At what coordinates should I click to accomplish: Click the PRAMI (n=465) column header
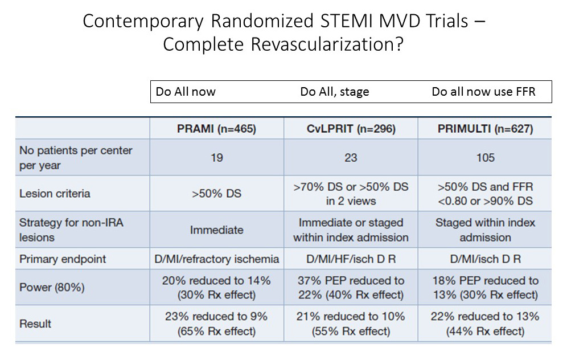[216, 129]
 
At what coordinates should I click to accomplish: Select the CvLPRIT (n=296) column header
[351, 129]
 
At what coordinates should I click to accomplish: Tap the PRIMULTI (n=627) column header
[485, 129]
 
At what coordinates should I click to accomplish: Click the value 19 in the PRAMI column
[216, 158]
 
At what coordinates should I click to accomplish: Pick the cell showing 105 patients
[485, 158]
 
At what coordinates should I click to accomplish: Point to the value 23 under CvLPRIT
[351, 158]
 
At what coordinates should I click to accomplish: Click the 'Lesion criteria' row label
[55, 194]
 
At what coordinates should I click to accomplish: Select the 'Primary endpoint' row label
[63, 259]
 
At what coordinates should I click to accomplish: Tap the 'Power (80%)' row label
[52, 288]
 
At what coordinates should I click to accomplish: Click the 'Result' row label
[35, 324]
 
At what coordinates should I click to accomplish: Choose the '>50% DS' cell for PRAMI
[216, 194]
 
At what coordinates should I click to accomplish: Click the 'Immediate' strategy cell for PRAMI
[216, 230]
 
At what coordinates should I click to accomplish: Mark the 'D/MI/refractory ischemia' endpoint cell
[216, 259]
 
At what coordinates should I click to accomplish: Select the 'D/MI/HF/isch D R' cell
[351, 259]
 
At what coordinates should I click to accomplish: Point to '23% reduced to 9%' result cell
[216, 324]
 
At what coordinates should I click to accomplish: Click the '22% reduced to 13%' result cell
[485, 324]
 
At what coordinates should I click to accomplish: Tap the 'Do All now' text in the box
[186, 92]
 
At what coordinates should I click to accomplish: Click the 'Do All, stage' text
[335, 92]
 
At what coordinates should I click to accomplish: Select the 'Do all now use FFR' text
[483, 92]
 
